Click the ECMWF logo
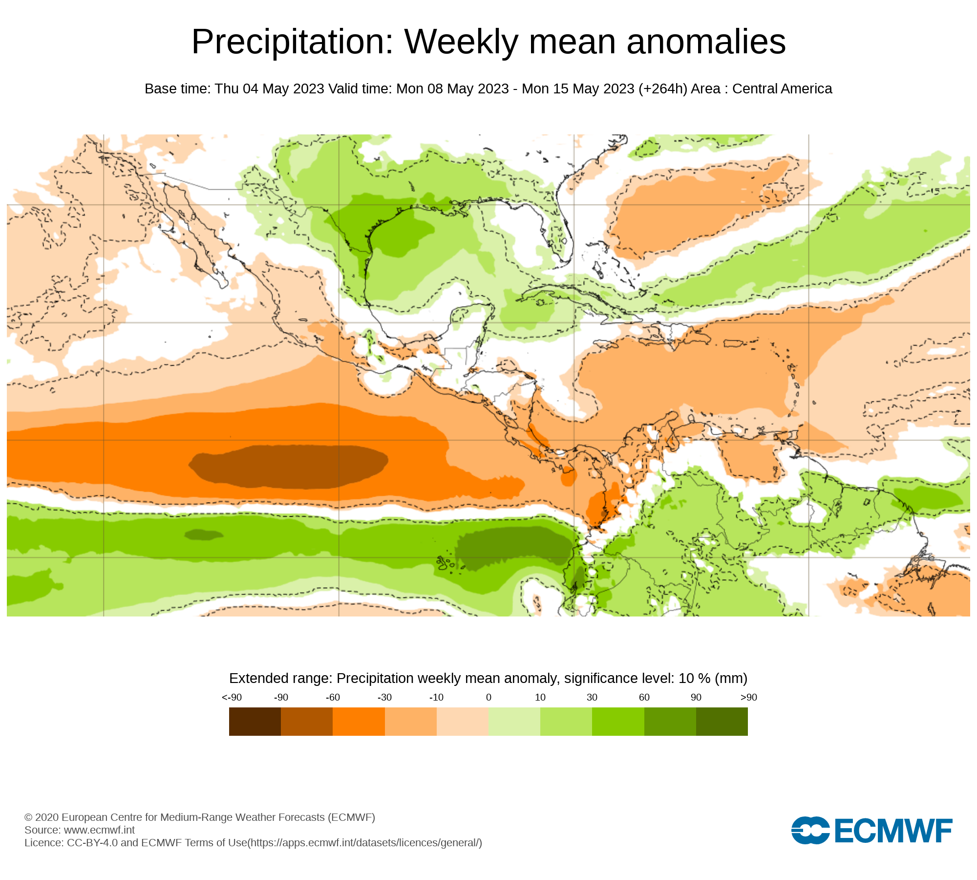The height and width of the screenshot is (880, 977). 871,830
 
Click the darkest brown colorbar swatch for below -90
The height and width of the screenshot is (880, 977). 255,721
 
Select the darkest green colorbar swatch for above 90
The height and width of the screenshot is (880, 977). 722,721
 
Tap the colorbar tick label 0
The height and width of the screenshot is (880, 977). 488,697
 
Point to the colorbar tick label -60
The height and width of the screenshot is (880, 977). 333,697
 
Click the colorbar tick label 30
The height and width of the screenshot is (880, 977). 592,697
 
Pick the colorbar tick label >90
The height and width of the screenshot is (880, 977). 748,697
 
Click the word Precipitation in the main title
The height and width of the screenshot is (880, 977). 292,42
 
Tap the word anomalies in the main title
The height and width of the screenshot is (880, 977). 706,42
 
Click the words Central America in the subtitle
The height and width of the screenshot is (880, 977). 782,88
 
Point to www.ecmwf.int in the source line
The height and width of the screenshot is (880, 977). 99,830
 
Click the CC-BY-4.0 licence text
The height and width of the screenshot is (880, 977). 92,842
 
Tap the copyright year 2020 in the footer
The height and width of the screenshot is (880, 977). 47,817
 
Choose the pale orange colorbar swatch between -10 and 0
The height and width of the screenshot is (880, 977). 462,721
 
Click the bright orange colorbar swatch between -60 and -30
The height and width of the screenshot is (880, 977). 359,721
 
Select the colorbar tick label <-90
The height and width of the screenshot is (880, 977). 232,697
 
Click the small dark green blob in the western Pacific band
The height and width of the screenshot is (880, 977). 204,534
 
